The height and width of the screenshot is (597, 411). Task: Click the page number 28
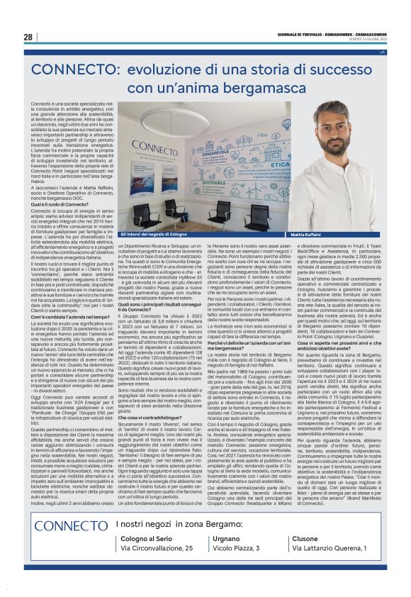coord(28,37)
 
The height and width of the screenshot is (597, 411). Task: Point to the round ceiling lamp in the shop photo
coord(199,117)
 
